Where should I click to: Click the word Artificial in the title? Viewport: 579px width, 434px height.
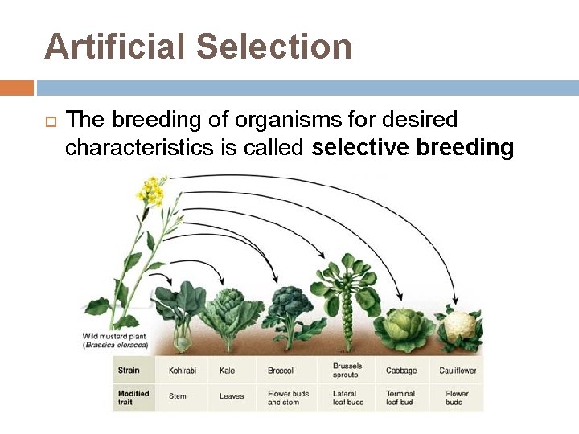116,47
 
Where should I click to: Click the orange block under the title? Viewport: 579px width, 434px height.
17,88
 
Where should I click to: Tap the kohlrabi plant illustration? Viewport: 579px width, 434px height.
179,316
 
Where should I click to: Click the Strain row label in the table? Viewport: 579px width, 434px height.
129,371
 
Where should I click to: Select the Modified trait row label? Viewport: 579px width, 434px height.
133,397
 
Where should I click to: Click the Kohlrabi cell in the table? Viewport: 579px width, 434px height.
183,371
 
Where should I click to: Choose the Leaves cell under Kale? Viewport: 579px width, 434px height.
232,396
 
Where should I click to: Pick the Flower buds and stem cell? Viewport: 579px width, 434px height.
288,397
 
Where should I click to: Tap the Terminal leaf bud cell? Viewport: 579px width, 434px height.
400,397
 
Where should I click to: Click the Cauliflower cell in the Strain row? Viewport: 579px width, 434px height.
458,371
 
